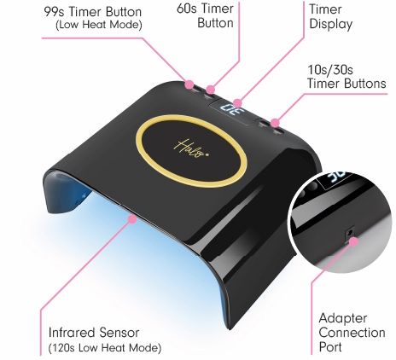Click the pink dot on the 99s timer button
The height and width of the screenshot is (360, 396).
point(189,84)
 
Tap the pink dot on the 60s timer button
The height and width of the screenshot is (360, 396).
point(210,90)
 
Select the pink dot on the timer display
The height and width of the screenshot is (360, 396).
point(237,103)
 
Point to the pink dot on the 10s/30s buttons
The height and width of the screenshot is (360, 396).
point(275,123)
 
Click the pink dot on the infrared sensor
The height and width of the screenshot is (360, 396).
point(132,219)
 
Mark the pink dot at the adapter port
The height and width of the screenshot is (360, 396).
point(353,241)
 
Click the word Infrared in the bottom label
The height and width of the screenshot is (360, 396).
point(73,333)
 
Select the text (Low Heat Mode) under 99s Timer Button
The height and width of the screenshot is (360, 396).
point(99,25)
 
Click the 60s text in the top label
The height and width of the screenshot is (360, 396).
point(187,9)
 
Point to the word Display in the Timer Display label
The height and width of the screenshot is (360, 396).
point(331,25)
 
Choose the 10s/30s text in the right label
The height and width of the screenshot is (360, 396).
point(330,70)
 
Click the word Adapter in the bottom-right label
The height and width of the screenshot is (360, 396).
point(343,319)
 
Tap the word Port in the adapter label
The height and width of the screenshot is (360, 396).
point(330,347)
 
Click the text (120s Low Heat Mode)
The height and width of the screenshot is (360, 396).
point(105,348)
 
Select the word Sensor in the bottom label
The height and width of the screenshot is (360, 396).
point(119,333)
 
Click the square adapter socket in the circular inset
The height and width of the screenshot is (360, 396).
point(349,235)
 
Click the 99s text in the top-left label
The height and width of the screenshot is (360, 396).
point(55,12)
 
